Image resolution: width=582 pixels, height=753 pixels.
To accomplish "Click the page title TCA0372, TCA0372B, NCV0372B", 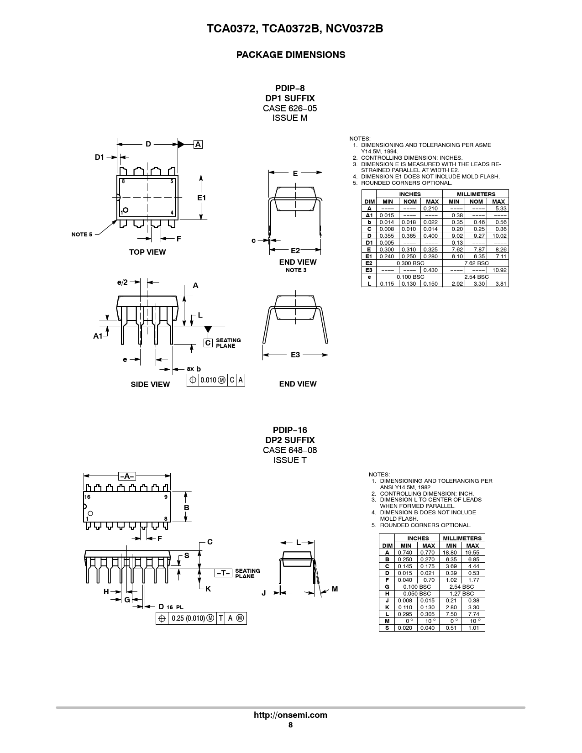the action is [x=294, y=29].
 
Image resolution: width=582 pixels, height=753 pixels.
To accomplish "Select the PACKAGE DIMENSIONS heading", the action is [x=291, y=55].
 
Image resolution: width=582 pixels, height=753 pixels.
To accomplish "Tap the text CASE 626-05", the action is [x=290, y=109].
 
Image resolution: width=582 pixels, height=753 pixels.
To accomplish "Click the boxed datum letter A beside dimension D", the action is [x=198, y=145].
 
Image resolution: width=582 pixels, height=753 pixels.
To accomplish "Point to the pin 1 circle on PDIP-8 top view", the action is [x=126, y=209].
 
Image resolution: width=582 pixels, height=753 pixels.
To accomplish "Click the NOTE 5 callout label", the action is [x=82, y=235].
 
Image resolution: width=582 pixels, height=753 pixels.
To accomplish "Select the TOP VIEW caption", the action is [x=147, y=252].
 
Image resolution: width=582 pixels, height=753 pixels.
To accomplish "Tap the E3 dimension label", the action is [x=295, y=355].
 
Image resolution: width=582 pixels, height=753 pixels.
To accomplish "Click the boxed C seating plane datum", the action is [x=208, y=343].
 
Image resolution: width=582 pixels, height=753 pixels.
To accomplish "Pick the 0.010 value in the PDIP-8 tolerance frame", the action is [x=208, y=380].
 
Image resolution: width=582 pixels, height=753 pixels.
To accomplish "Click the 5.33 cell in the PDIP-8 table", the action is [x=501, y=209].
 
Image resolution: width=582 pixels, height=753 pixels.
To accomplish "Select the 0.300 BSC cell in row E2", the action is [x=410, y=263].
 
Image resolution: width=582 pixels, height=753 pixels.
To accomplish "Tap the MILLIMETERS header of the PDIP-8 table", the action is [x=476, y=194].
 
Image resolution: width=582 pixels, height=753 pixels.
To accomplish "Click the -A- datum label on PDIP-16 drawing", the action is [x=127, y=476].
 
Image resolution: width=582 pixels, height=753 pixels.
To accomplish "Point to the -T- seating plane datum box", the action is [x=223, y=573].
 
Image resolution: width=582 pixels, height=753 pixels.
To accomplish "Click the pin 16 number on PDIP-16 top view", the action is [x=87, y=497].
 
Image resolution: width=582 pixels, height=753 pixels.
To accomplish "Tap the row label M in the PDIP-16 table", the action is [x=387, y=621].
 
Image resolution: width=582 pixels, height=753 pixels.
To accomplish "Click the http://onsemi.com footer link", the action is [x=290, y=715].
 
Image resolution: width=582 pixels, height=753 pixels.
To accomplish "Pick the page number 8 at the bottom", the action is [x=290, y=725].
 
